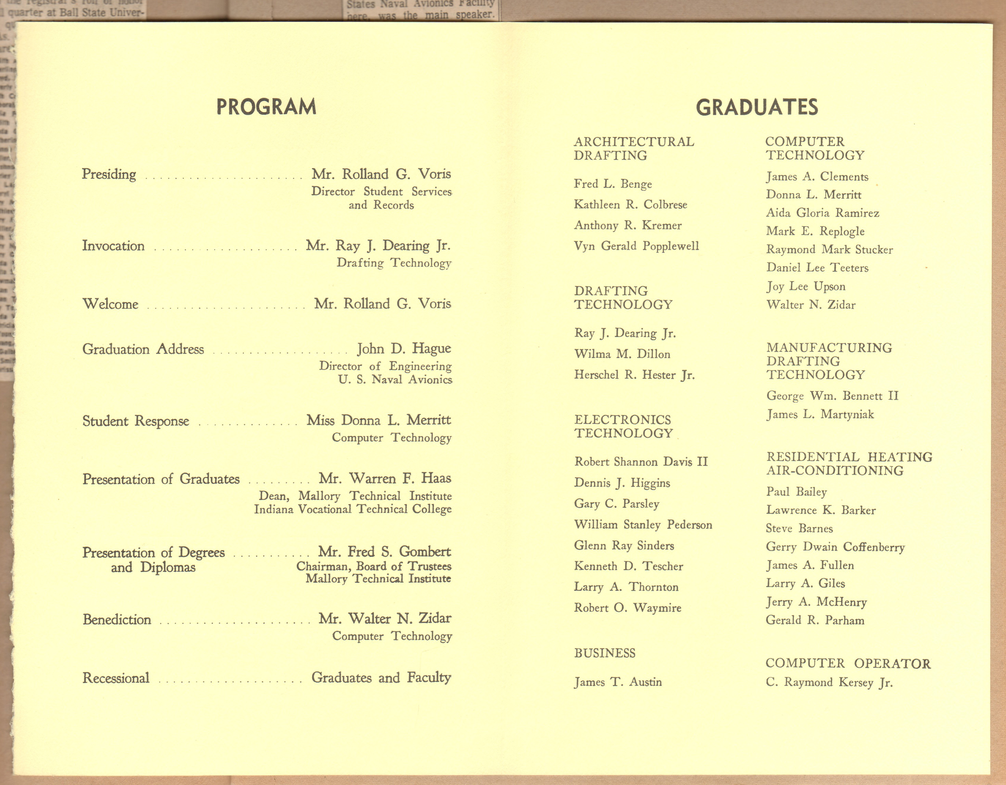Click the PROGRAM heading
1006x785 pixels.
click(x=266, y=107)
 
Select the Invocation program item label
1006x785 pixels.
click(x=113, y=246)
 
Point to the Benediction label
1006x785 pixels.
click(x=117, y=619)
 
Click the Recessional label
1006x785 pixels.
click(x=116, y=677)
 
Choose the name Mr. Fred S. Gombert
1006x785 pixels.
click(x=384, y=551)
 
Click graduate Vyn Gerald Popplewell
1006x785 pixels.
click(x=636, y=246)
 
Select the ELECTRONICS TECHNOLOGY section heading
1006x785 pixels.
click(x=623, y=426)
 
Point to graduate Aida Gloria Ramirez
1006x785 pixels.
click(x=822, y=213)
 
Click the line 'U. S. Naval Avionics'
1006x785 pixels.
click(x=395, y=380)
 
